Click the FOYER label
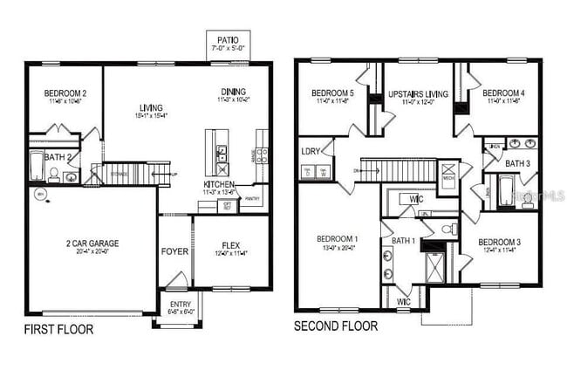[174, 252]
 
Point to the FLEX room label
[231, 245]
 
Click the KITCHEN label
[217, 185]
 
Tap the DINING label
[233, 92]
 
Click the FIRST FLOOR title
[58, 330]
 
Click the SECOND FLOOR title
[336, 326]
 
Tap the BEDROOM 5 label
[331, 93]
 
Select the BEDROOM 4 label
[502, 93]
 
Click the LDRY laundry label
[311, 152]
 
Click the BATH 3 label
[517, 163]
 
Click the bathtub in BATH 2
[36, 165]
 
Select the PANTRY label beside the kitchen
[253, 199]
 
